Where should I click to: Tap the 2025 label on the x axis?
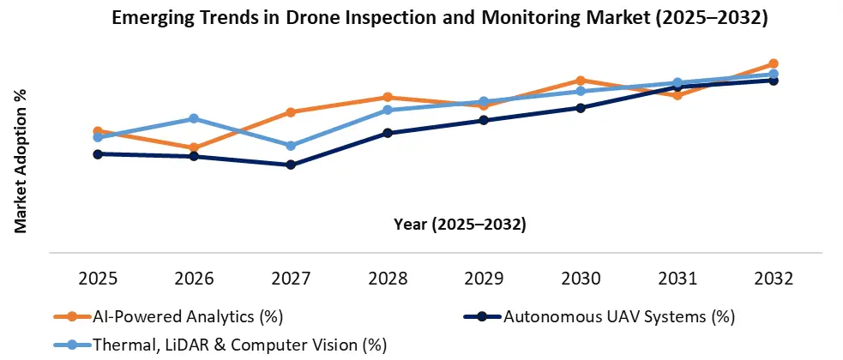point(98,279)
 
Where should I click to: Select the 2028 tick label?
point(388,279)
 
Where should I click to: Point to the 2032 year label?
point(774,279)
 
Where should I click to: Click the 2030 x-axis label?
point(581,279)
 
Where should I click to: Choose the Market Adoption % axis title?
point(21,160)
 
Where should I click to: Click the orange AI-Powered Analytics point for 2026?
point(194,147)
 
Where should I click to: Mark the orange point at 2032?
point(774,63)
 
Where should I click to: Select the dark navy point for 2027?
point(291,165)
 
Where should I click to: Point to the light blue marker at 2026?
point(194,118)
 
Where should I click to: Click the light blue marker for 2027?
point(291,146)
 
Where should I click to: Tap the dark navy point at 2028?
point(388,133)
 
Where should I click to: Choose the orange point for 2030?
point(581,81)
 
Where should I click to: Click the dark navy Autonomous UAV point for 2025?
point(98,154)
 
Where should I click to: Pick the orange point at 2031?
point(677,95)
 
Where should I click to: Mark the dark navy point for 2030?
point(581,108)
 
